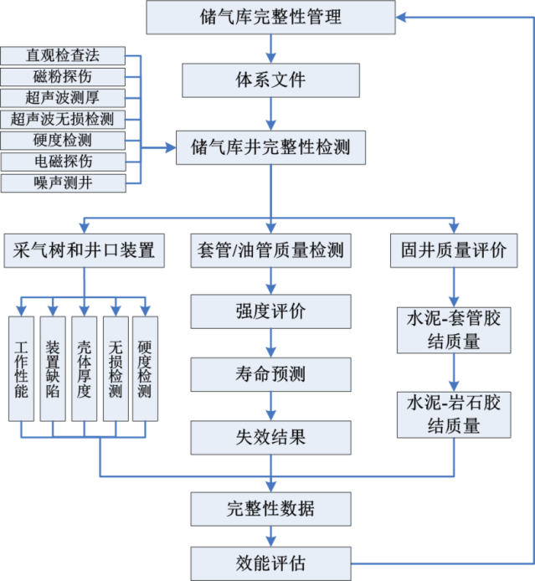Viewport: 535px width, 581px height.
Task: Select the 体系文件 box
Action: click(271, 80)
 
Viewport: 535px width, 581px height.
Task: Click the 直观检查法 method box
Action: click(63, 56)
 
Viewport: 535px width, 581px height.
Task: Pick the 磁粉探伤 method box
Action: click(63, 77)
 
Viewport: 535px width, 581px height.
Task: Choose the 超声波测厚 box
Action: click(63, 98)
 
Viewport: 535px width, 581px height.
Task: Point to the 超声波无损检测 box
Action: click(63, 119)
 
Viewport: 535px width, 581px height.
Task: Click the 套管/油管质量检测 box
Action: click(270, 249)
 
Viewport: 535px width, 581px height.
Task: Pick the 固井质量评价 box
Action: click(455, 249)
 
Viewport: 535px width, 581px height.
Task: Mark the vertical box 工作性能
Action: click(21, 368)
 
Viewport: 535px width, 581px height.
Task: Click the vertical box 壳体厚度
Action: click(84, 368)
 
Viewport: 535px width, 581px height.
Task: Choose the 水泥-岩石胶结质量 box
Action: click(455, 414)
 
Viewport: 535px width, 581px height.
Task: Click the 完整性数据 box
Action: click(270, 508)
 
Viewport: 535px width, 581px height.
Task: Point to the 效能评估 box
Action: click(270, 561)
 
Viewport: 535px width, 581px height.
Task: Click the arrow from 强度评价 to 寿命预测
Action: click(270, 343)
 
